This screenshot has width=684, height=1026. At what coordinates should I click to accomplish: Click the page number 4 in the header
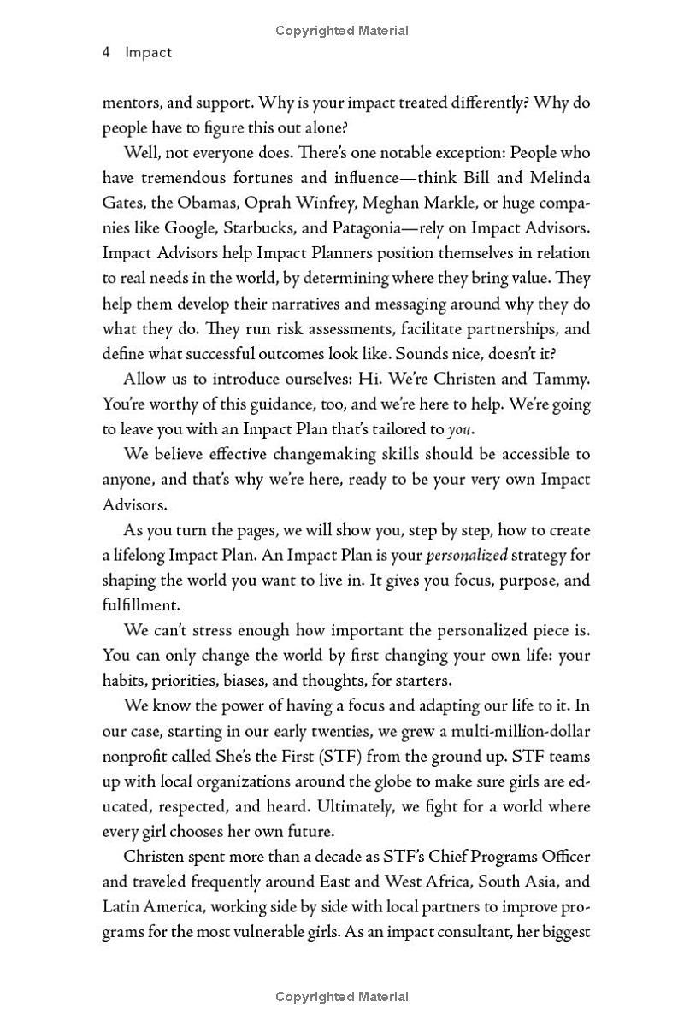tap(106, 52)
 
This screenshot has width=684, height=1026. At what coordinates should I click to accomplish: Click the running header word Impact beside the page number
tap(148, 52)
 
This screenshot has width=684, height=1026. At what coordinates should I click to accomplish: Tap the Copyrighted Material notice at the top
tap(342, 31)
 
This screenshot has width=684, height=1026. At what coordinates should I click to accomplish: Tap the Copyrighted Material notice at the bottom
tap(342, 997)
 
